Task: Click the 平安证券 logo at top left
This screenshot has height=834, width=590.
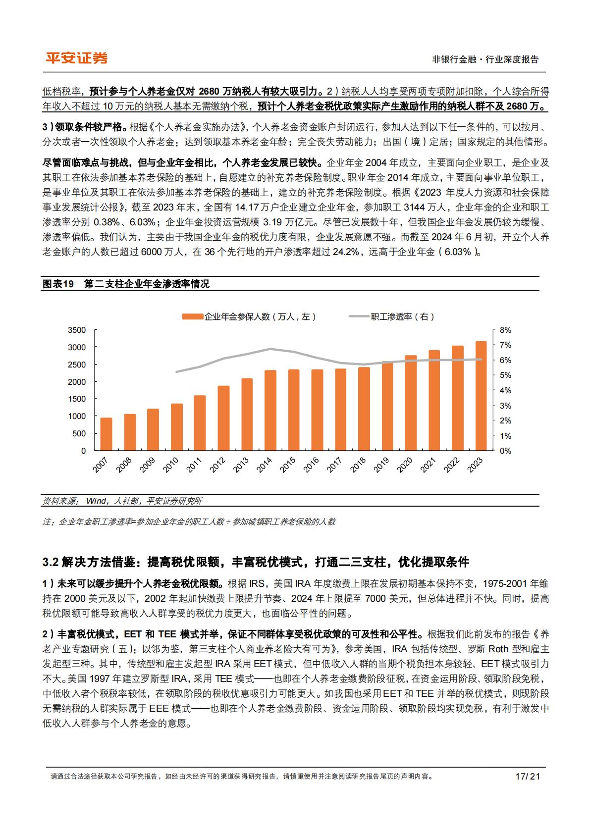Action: point(76,58)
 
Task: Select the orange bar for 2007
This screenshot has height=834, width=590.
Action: point(106,434)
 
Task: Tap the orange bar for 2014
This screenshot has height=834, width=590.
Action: point(270,410)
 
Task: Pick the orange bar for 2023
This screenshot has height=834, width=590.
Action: point(481,396)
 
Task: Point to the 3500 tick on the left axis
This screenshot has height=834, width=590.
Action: point(76,330)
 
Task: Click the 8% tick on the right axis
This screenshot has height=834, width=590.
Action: point(505,330)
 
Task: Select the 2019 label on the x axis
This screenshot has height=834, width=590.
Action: point(381,466)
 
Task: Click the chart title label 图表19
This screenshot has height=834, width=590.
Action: point(58,284)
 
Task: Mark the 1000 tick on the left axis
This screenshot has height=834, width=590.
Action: point(76,417)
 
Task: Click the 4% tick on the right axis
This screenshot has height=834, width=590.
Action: point(505,391)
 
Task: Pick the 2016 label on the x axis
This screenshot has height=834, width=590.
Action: point(311,466)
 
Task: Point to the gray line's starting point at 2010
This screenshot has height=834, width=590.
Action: point(176,371)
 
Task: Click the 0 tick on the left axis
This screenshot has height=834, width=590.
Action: point(83,451)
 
